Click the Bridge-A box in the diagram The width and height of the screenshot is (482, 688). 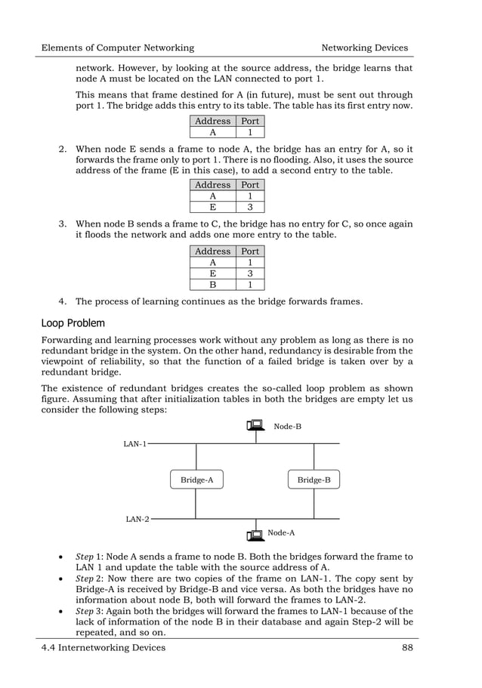(x=196, y=480)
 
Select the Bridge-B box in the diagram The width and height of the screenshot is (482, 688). (x=314, y=480)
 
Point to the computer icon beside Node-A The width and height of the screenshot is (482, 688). (x=255, y=534)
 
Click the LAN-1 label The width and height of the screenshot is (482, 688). (x=135, y=444)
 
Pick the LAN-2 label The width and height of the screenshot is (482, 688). (x=137, y=519)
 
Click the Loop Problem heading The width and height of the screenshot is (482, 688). (x=73, y=323)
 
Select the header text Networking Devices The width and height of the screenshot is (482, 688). (x=364, y=48)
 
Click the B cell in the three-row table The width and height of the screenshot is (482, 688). (x=212, y=285)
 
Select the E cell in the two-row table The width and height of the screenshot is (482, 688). (x=212, y=207)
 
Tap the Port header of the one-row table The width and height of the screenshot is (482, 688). (x=250, y=121)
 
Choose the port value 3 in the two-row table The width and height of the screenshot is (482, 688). (x=250, y=207)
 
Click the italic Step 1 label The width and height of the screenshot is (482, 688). (x=90, y=557)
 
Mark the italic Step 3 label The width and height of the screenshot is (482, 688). (x=90, y=611)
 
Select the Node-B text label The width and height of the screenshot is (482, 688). (x=287, y=427)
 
